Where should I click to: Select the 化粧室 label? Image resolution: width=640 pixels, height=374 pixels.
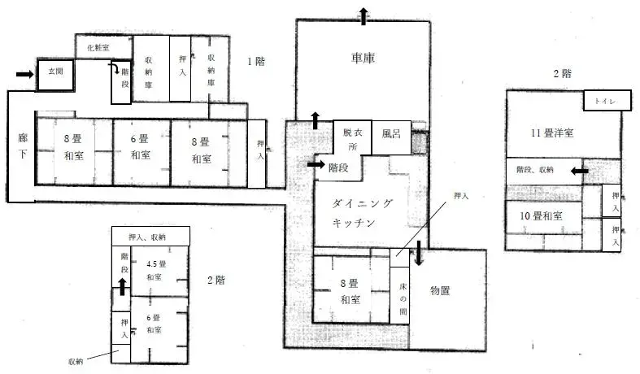tap(98, 49)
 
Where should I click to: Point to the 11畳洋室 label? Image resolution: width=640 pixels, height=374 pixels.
tap(553, 133)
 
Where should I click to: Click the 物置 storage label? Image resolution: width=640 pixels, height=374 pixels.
tap(440, 291)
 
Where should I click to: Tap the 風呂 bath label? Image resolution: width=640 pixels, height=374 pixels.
tap(392, 133)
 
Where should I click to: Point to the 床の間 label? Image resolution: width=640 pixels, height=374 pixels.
tap(403, 298)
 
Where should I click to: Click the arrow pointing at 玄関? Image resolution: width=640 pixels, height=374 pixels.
tap(24, 74)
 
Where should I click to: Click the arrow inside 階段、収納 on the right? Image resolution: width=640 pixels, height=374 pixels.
tap(578, 171)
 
